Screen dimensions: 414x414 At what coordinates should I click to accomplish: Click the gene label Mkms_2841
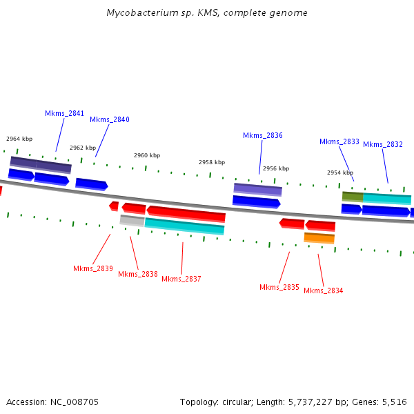(64, 113)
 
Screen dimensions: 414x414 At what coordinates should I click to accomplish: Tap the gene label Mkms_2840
(109, 119)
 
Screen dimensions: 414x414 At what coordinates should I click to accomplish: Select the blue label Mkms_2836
(262, 135)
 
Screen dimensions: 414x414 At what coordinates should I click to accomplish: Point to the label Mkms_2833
(339, 141)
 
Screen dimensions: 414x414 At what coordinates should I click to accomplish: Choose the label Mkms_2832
(382, 144)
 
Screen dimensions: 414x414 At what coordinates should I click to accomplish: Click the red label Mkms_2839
(92, 268)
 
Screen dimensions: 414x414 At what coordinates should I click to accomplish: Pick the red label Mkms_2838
(137, 274)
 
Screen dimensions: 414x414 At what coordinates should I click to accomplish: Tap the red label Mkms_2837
(181, 279)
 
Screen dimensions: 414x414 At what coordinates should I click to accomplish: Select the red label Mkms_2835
(279, 287)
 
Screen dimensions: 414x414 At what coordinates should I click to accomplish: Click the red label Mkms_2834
(323, 290)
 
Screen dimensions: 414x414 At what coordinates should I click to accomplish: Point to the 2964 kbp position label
(19, 139)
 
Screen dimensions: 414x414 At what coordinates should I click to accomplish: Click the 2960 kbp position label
(147, 155)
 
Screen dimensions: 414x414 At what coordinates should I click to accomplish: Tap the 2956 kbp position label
(276, 168)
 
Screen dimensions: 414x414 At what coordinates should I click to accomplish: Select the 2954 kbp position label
(340, 172)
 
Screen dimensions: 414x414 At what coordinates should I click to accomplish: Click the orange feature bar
(319, 238)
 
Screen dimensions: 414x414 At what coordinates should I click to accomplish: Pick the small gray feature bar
(132, 221)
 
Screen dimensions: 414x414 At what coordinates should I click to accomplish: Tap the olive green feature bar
(352, 197)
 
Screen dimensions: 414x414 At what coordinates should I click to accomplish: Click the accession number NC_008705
(74, 402)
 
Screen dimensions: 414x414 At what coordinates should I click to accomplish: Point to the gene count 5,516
(393, 402)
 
